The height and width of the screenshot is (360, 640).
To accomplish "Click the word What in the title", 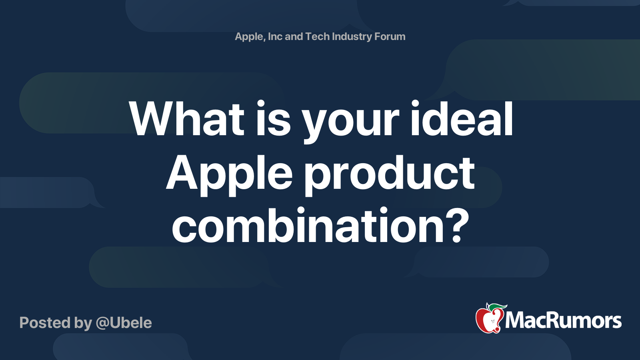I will click(x=186, y=119).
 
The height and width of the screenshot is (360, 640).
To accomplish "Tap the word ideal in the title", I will click(x=461, y=119).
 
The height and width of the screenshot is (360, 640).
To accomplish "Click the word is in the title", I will click(x=273, y=119).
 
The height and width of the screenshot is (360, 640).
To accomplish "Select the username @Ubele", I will click(x=124, y=323).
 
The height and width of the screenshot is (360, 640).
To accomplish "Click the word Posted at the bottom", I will click(x=45, y=323).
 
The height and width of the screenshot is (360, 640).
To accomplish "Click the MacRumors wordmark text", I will click(x=563, y=320).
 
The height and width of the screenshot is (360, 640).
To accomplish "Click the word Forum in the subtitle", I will click(x=390, y=36).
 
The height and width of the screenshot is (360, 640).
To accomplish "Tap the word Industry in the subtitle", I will click(x=352, y=36).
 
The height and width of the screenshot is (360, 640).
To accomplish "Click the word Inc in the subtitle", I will click(x=275, y=36).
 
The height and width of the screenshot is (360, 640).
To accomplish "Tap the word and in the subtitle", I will click(x=294, y=36).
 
